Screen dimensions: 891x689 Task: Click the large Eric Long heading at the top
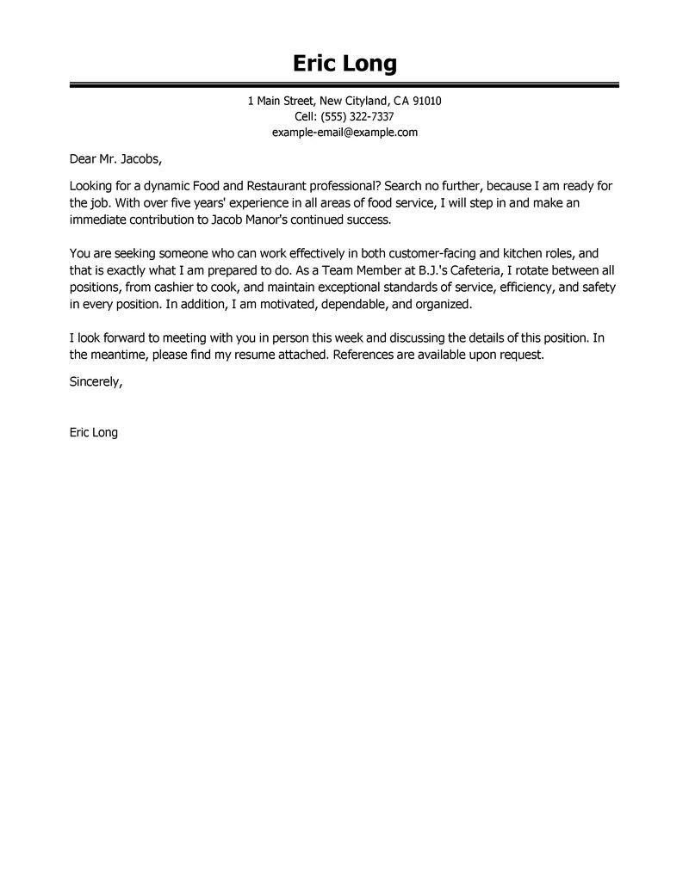pyautogui.click(x=344, y=64)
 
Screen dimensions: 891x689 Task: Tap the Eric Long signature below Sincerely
pyautogui.click(x=93, y=433)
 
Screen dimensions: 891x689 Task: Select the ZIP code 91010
pyautogui.click(x=425, y=101)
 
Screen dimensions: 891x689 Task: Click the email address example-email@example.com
pyautogui.click(x=344, y=132)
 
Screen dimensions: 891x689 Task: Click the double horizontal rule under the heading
pyautogui.click(x=344, y=85)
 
